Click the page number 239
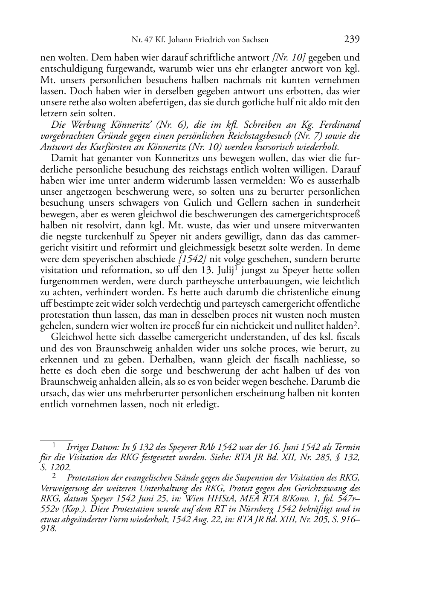point(352,40)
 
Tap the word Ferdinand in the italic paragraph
point(340,125)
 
